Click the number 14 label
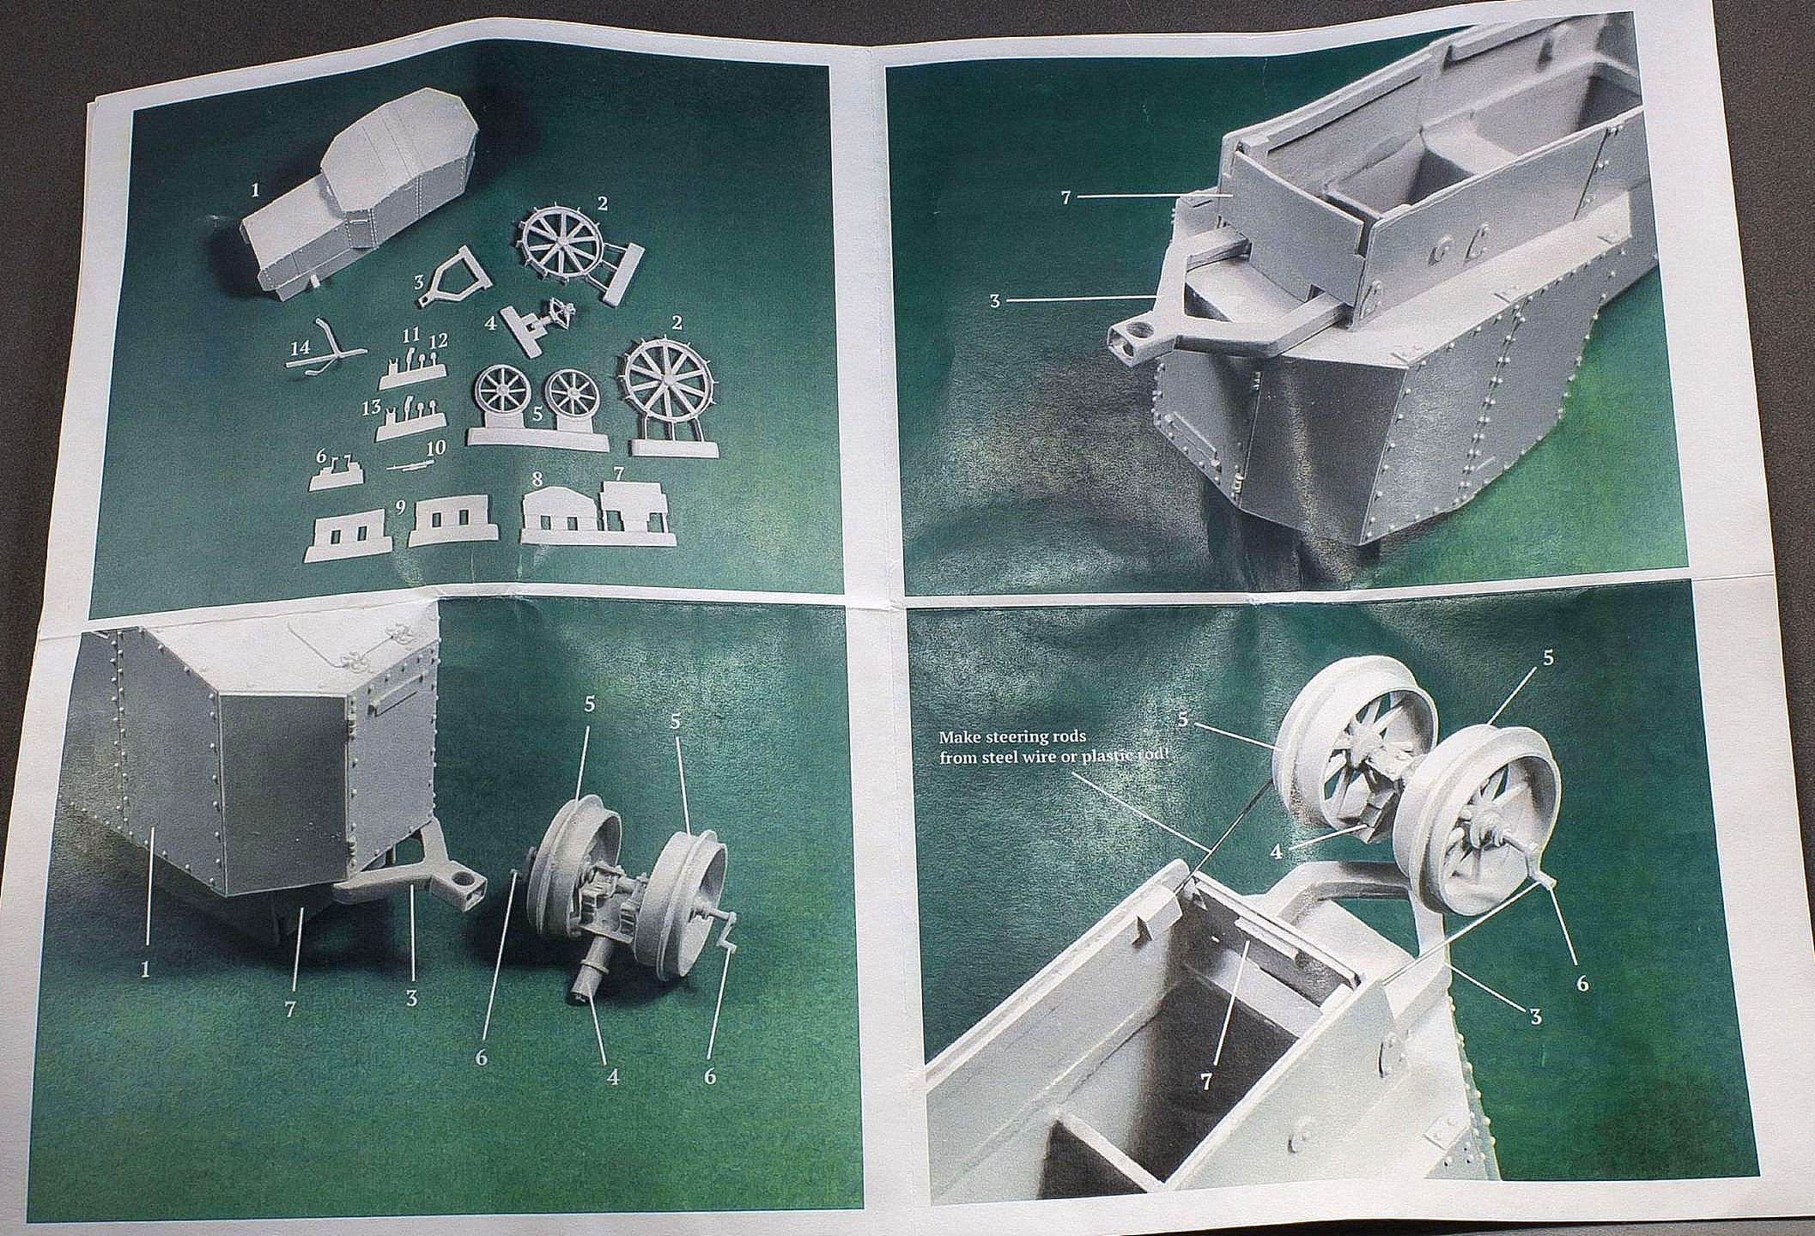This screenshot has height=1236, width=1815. pyautogui.click(x=300, y=348)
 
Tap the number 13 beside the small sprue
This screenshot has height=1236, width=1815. pyautogui.click(x=372, y=408)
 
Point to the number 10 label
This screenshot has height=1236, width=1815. pyautogui.click(x=435, y=448)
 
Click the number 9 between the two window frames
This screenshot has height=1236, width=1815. pyautogui.click(x=401, y=506)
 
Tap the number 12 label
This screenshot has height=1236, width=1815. pyautogui.click(x=439, y=341)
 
